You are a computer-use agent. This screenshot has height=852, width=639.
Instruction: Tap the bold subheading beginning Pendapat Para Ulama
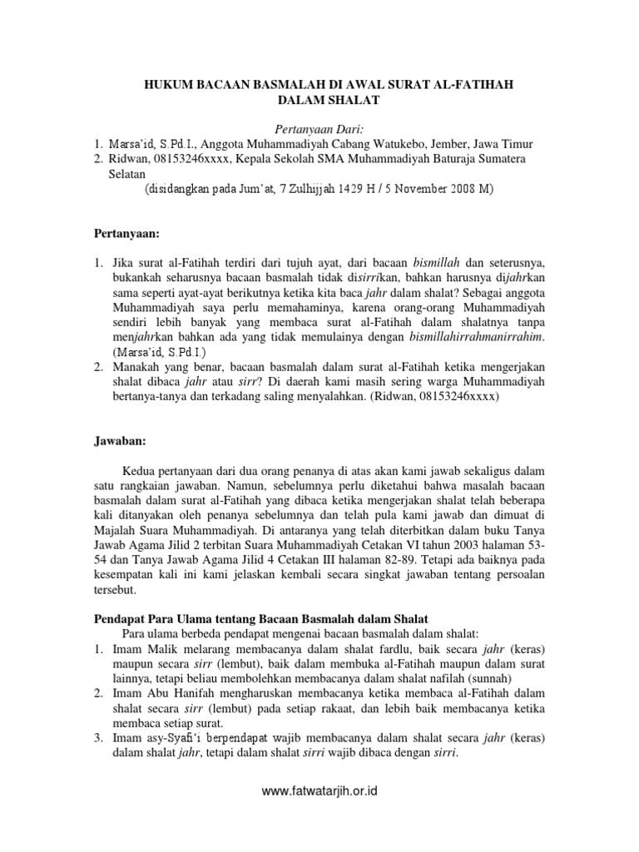click(x=259, y=619)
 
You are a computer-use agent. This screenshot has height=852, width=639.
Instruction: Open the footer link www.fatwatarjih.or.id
click(x=319, y=791)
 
